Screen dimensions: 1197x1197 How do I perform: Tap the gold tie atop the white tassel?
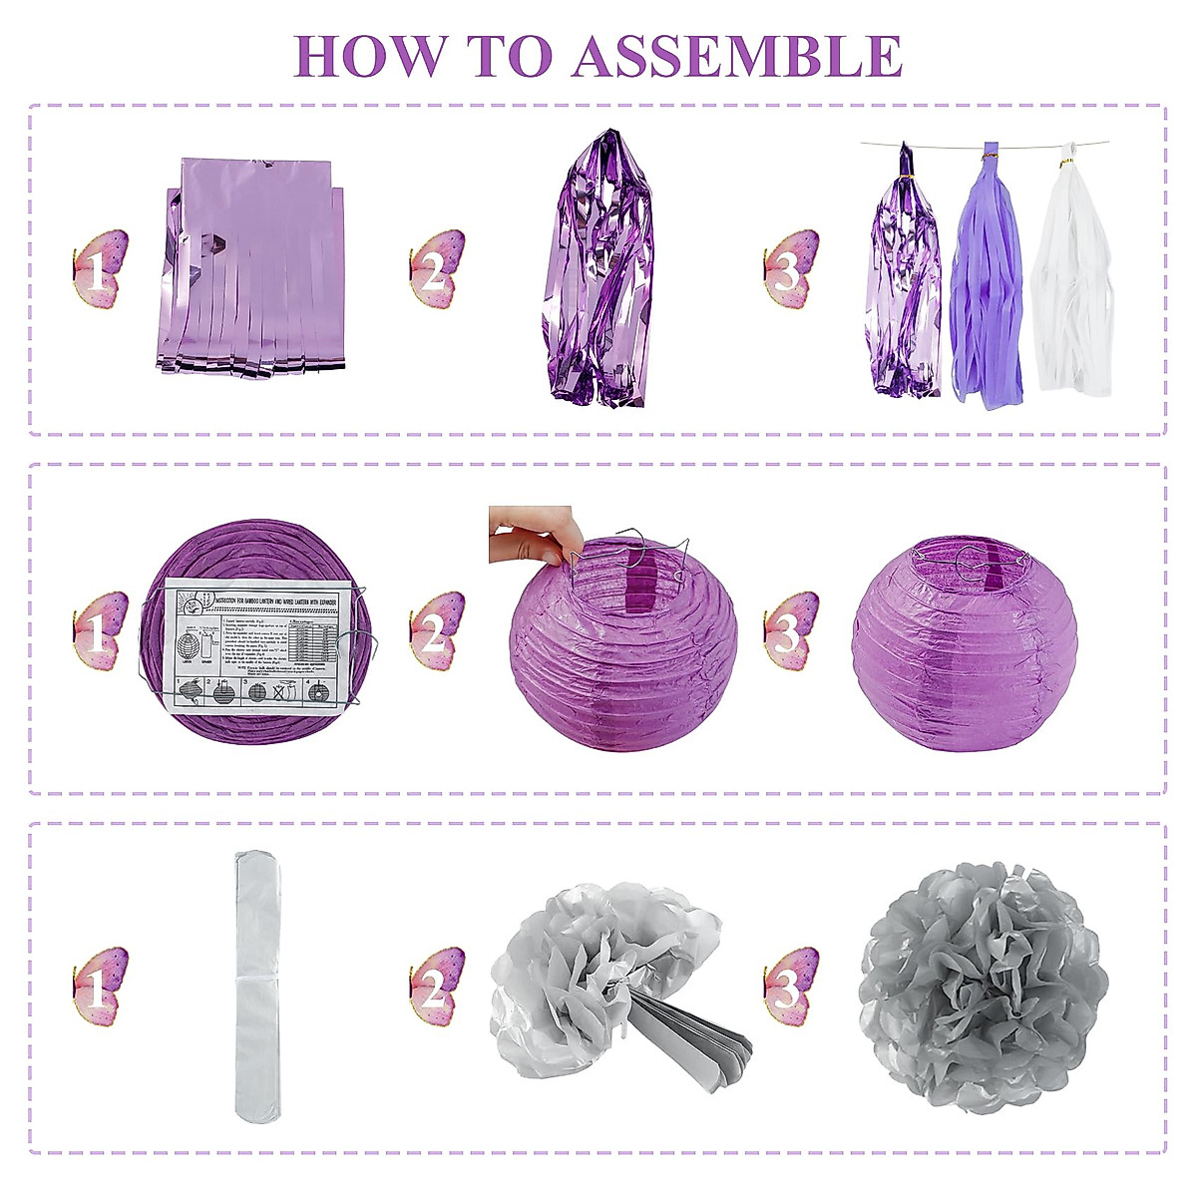point(1065,162)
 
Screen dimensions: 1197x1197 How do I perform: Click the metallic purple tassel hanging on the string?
point(906,279)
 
